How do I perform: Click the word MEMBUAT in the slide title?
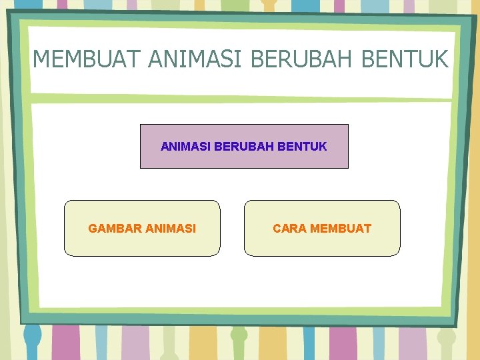[87, 59]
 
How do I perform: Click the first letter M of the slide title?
[41, 59]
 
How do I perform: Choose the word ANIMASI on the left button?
[171, 229]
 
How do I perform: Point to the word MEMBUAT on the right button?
[341, 229]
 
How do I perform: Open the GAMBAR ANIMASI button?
[142, 243]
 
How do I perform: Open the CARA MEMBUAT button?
[322, 243]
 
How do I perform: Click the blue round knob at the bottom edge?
[31, 336]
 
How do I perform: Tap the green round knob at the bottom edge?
[239, 335]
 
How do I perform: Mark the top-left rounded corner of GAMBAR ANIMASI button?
[67, 203]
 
